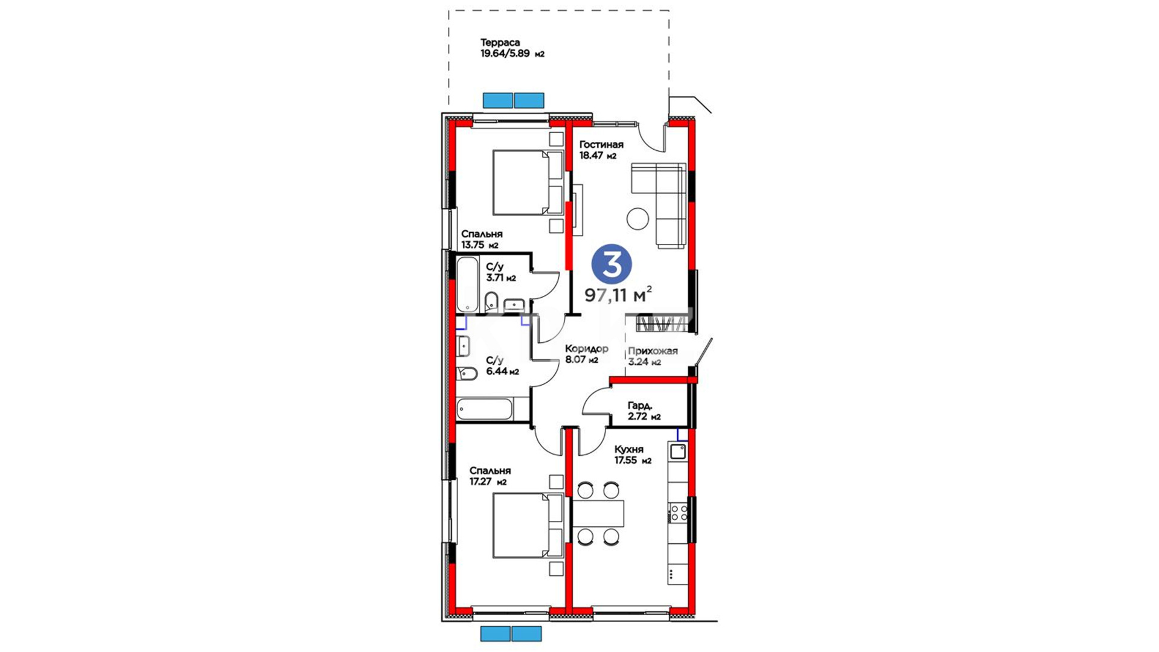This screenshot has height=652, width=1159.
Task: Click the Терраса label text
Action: tap(500, 43)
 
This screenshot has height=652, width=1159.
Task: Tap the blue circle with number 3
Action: tap(611, 264)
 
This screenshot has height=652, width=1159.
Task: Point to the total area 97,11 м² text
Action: tap(618, 294)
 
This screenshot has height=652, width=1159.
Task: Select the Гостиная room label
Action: tap(601, 145)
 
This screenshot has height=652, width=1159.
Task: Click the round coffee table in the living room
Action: tap(637, 219)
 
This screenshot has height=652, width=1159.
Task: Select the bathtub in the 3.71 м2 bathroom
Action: tap(467, 285)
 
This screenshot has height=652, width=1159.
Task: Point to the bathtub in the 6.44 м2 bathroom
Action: tap(485, 409)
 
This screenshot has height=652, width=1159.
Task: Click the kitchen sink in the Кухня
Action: tap(678, 451)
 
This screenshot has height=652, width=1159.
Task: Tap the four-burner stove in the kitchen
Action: tap(678, 513)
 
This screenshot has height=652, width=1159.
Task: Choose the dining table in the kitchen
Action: tap(598, 513)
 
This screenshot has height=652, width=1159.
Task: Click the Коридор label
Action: tap(587, 349)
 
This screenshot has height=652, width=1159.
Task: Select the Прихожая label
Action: tap(653, 351)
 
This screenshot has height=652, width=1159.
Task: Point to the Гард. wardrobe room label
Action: tap(640, 406)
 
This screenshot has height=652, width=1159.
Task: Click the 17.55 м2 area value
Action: tap(633, 461)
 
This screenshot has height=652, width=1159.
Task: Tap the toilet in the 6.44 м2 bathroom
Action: tap(467, 373)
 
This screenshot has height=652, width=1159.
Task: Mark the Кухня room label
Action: tap(629, 449)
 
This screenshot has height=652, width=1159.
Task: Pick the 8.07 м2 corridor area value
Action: tap(581, 360)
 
